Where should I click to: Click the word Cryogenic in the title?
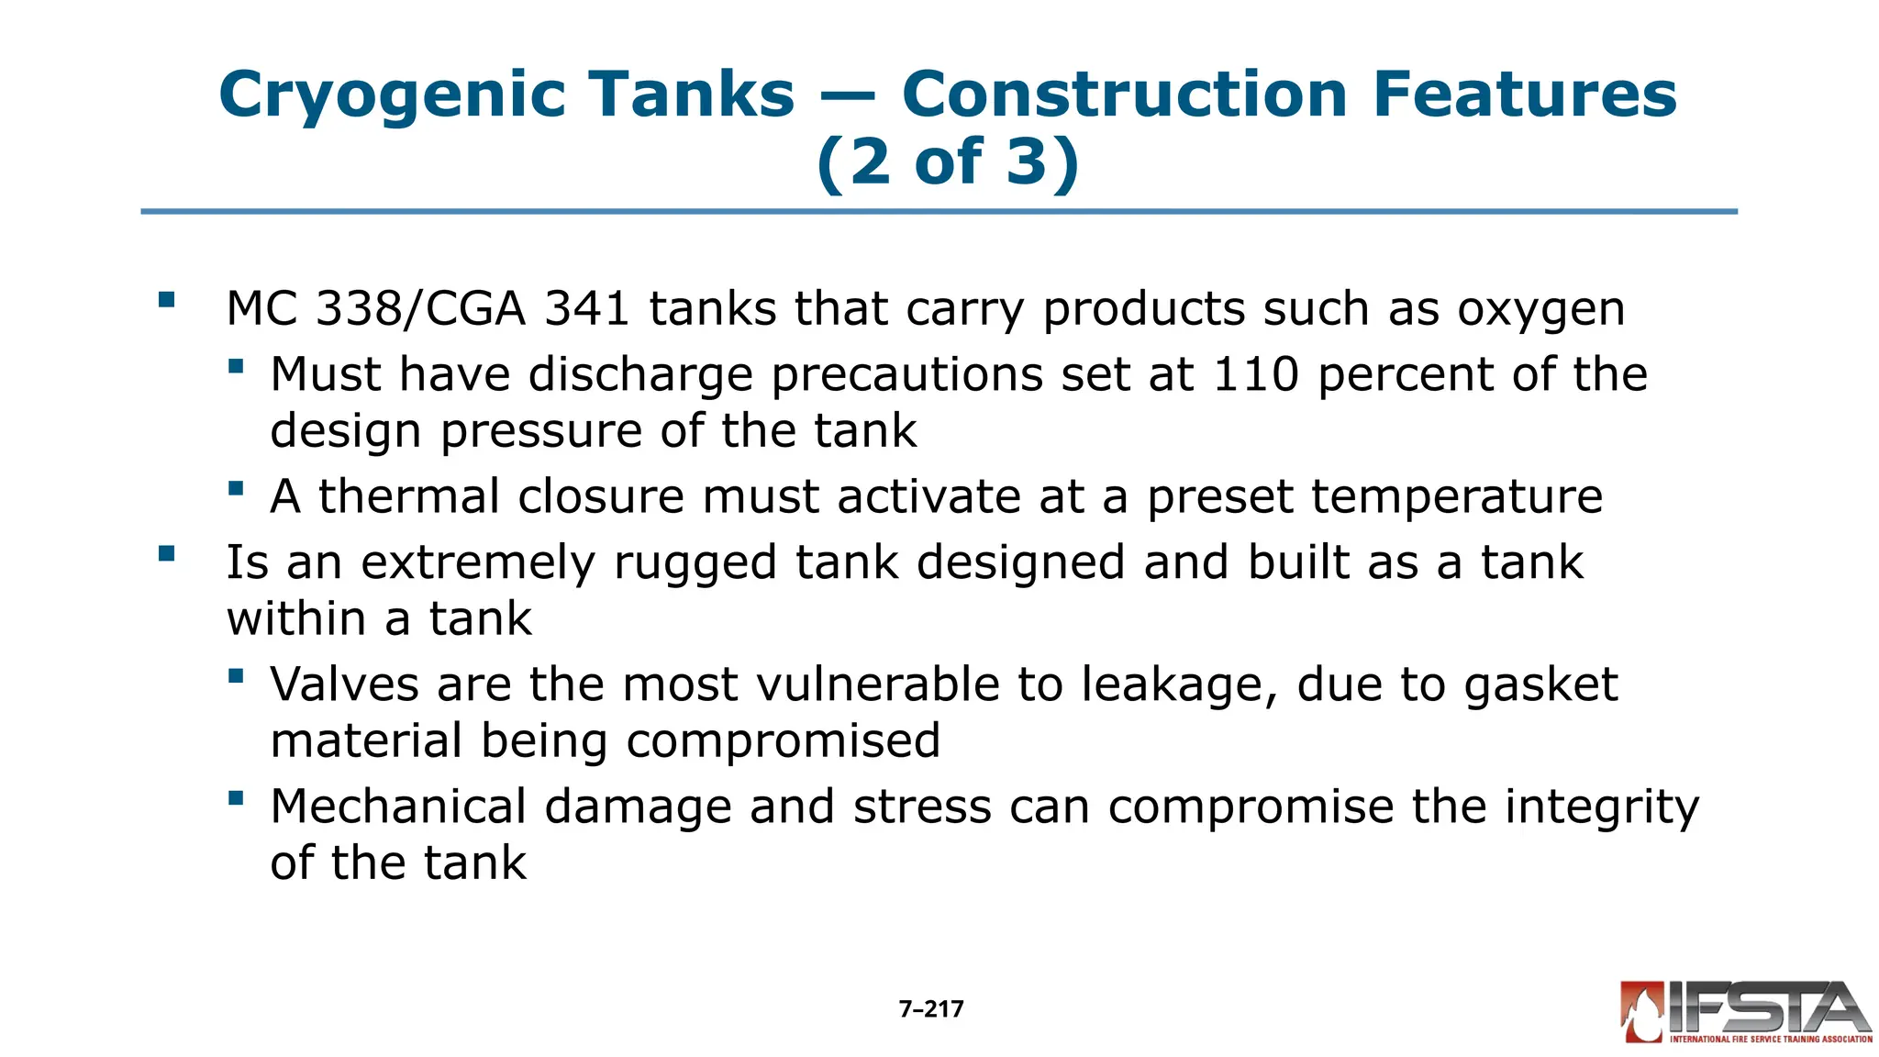pos(392,95)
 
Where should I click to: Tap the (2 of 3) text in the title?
pos(948,161)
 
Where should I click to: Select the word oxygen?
pos(1540,310)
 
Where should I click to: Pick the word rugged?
pos(695,563)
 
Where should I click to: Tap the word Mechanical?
pos(398,807)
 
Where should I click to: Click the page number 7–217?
pos(931,1009)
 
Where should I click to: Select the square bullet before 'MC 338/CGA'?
pos(166,299)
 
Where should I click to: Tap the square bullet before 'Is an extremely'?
pos(166,553)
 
